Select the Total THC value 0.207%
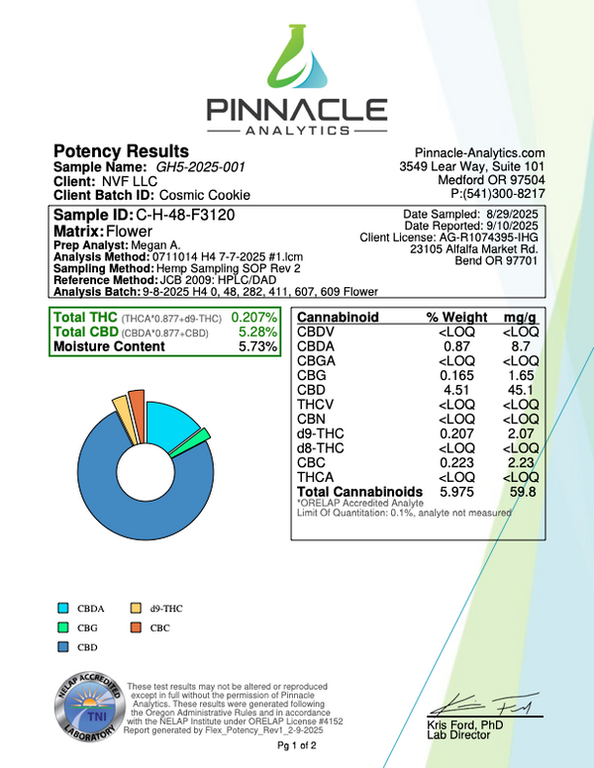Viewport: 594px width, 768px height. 253,317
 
